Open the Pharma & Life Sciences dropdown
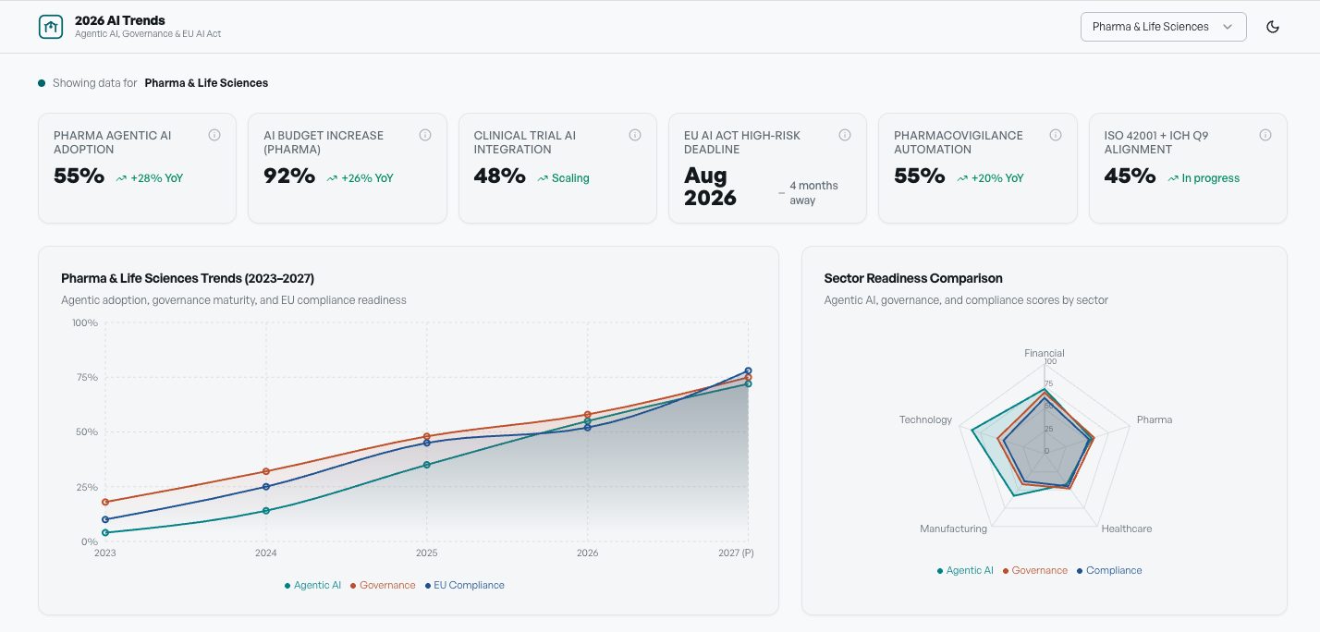(1163, 27)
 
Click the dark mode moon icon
(1273, 27)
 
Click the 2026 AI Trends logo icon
(51, 27)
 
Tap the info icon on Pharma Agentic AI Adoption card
(214, 135)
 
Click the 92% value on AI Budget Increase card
(289, 176)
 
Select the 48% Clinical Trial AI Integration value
(499, 176)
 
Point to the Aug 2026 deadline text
(710, 186)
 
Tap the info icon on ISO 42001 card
(1265, 135)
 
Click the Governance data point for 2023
(105, 502)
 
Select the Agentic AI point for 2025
(426, 465)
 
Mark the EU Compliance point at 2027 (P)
(748, 371)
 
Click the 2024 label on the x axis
(265, 553)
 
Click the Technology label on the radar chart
(925, 419)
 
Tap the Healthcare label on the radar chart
(1126, 529)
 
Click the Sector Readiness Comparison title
(912, 278)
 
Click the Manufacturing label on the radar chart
(953, 529)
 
